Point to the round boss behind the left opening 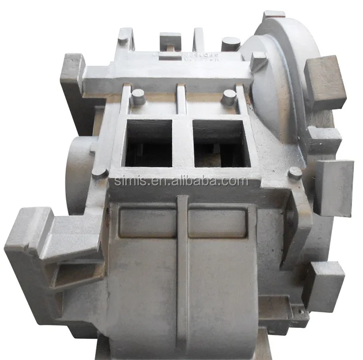point(138,96)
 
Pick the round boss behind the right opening point(229,96)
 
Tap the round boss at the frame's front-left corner point(99,172)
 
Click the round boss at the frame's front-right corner point(295,172)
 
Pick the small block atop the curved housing point(274,15)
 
